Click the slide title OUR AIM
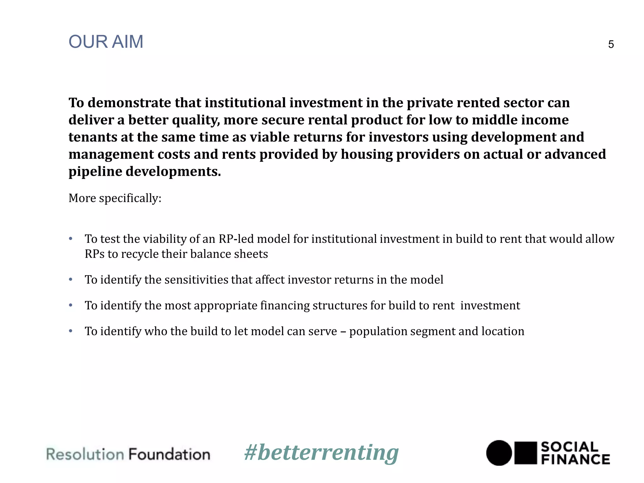106,42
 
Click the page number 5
611,44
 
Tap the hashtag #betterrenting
321,453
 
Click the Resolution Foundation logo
128,454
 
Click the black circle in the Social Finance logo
499,453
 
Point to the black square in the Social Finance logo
525,453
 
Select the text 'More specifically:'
115,198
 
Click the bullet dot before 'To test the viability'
71,238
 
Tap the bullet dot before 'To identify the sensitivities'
71,279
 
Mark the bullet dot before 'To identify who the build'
71,331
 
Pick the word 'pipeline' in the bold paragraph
95,172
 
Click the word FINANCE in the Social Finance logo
575,459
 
